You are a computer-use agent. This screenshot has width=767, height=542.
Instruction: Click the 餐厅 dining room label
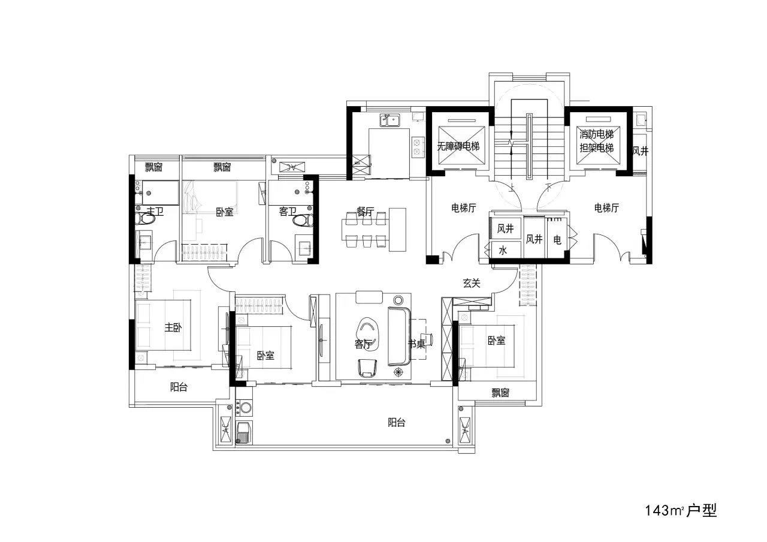[x=365, y=212]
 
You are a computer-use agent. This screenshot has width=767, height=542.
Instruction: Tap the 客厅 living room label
[x=363, y=344]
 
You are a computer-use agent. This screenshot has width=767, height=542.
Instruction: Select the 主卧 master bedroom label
[x=173, y=327]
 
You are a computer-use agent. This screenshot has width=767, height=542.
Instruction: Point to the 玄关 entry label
[x=472, y=283]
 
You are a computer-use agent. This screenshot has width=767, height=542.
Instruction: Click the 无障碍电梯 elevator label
[x=458, y=146]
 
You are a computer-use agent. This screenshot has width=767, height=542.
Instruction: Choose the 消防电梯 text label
[x=596, y=134]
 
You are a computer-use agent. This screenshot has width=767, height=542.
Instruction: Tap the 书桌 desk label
[x=416, y=344]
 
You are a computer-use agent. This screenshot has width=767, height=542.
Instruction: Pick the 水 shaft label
[x=503, y=251]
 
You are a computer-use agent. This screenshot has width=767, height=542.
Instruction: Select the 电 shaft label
[x=557, y=239]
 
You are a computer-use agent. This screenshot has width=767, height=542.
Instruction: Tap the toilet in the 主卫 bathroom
[x=145, y=218]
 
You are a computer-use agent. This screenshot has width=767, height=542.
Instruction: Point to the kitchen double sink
[x=389, y=121]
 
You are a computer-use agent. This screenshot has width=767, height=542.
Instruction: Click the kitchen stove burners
[x=416, y=147]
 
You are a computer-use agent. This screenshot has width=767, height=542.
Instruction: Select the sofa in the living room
[x=399, y=336]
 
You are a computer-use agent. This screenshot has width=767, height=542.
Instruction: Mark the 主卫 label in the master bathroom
[x=155, y=211]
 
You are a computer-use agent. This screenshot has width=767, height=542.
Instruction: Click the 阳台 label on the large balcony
[x=397, y=423]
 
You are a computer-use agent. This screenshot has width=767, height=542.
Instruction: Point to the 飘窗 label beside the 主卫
[x=153, y=167]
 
